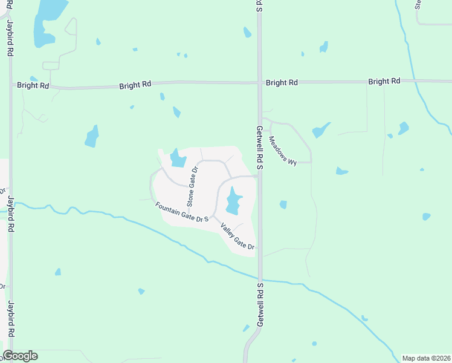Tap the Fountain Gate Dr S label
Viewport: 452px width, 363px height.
click(x=182, y=212)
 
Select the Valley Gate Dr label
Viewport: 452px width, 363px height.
click(x=237, y=237)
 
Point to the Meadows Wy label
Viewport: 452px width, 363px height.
click(x=283, y=151)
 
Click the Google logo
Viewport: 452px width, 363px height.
click(x=20, y=356)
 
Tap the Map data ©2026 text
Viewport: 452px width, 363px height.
click(x=425, y=358)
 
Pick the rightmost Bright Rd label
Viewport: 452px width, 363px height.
click(x=384, y=81)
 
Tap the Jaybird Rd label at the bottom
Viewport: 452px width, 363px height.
click(x=11, y=320)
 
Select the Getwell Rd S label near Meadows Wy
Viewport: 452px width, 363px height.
click(x=259, y=145)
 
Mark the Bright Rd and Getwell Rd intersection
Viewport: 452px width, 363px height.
click(x=259, y=82)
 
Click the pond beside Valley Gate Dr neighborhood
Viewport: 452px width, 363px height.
click(x=234, y=202)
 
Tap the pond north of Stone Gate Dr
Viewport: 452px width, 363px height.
click(x=178, y=159)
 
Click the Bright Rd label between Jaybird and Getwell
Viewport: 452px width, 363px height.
click(x=135, y=85)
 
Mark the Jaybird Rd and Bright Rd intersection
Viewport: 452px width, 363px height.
click(x=11, y=85)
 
